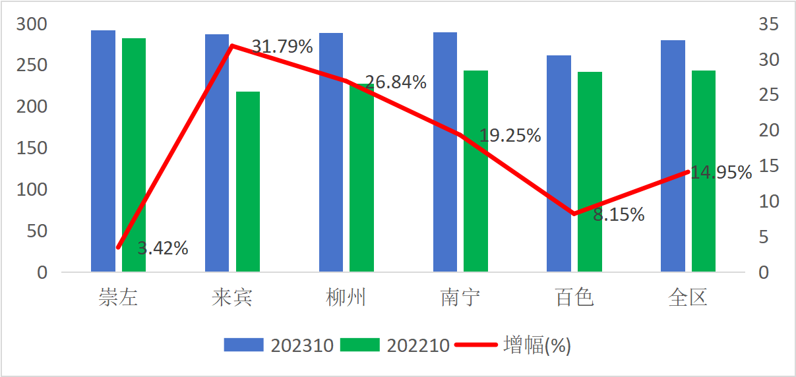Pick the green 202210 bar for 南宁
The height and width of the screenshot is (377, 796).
475,171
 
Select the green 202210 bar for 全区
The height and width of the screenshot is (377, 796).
704,171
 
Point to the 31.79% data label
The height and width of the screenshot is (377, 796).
282,47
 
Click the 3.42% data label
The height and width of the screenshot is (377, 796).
163,248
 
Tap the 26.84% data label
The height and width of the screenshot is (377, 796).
396,82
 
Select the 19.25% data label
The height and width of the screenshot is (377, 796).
510,136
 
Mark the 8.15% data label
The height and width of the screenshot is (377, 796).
619,214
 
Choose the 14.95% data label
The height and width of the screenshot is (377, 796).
721,173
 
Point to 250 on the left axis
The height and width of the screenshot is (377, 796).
33,65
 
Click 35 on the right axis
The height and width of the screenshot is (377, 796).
768,24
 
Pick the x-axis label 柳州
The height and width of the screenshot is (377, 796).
346,298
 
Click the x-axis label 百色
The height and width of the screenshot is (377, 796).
574,298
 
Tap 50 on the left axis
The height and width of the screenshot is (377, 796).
38,231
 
